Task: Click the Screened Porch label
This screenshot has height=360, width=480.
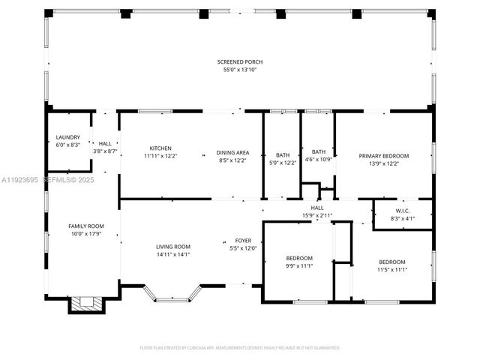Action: pyautogui.click(x=240, y=61)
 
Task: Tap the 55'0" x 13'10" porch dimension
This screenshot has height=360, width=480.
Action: pyautogui.click(x=240, y=70)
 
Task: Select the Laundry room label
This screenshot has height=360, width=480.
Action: pyautogui.click(x=67, y=137)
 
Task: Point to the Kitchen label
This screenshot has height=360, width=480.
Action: pyautogui.click(x=160, y=148)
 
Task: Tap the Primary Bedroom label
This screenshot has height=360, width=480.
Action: pyautogui.click(x=383, y=156)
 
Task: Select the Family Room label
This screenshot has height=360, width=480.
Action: pyautogui.click(x=85, y=226)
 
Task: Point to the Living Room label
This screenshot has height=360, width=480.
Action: pyautogui.click(x=173, y=247)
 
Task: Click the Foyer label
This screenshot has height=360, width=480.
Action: pyautogui.click(x=243, y=241)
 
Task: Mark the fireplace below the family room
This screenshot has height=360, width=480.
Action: pyautogui.click(x=85, y=304)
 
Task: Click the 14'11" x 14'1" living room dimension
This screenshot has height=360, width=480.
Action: pyautogui.click(x=173, y=253)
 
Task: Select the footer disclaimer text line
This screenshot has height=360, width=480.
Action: pyautogui.click(x=240, y=347)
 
